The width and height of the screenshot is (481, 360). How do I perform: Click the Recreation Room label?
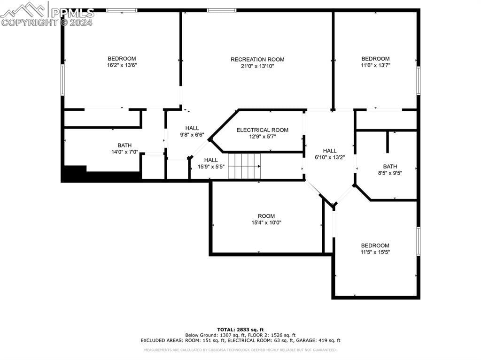[x=257, y=59]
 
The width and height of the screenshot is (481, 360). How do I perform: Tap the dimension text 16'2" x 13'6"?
[x=122, y=65]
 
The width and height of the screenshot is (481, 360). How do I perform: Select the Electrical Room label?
[x=262, y=130]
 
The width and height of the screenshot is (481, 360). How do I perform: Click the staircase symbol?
[x=244, y=166]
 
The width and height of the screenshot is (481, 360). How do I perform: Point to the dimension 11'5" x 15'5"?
[x=375, y=252]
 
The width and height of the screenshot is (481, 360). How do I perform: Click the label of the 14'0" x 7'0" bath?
[x=124, y=146]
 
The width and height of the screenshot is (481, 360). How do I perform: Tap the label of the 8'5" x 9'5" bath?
[x=390, y=166]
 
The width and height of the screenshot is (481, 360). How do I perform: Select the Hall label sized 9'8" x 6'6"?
[x=192, y=128]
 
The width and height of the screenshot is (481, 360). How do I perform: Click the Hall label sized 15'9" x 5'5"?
[x=210, y=160]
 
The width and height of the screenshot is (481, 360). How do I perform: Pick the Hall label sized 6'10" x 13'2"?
[x=329, y=151]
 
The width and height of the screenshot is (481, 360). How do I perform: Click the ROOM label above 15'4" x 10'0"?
[x=266, y=216]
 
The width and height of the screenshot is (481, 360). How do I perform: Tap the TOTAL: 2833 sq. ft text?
[x=240, y=329]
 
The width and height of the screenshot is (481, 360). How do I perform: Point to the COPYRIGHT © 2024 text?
[x=47, y=22]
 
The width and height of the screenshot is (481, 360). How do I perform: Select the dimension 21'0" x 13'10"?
[x=257, y=66]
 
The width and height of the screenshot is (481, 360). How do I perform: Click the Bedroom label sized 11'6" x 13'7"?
[x=375, y=59]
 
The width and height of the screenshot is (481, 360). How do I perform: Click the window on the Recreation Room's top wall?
[x=221, y=10]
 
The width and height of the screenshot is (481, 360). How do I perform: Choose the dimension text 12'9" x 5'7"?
[x=262, y=137]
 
